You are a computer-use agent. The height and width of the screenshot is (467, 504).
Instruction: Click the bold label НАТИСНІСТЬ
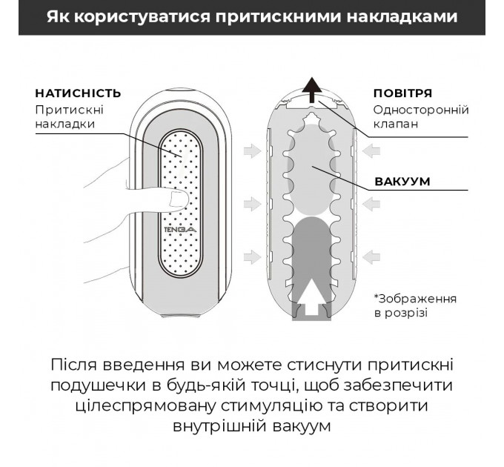tap(77, 93)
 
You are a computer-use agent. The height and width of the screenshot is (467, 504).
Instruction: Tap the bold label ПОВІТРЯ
tap(402, 93)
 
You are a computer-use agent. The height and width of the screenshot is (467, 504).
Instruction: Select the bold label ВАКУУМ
tap(402, 182)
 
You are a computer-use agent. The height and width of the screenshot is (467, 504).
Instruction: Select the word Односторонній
tap(421, 110)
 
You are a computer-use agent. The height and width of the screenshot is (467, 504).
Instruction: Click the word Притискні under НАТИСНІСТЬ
tap(69, 109)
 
